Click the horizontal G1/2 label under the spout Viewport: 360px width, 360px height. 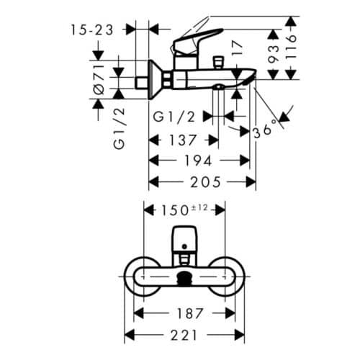point(173,115)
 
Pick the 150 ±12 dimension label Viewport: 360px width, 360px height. point(184,210)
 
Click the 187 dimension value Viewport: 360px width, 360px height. point(185,313)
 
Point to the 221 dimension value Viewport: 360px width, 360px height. point(185,336)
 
